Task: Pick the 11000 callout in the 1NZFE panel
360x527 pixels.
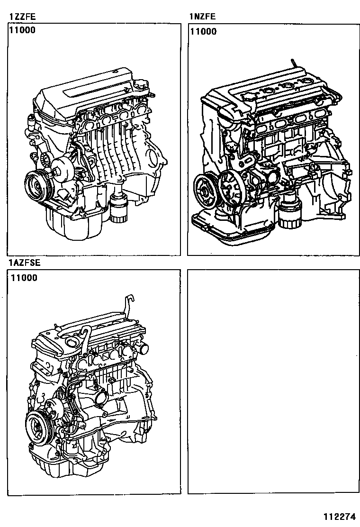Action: point(203,32)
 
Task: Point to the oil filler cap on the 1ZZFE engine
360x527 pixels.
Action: point(141,85)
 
